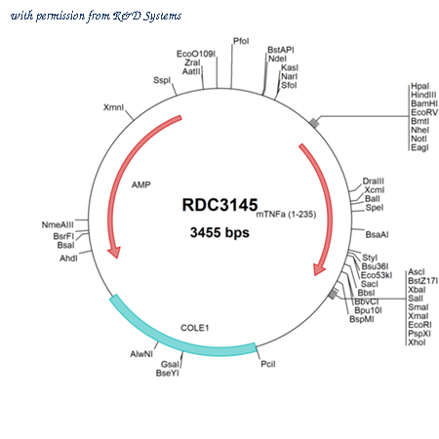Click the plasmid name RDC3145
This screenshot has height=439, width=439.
pyautogui.click(x=219, y=205)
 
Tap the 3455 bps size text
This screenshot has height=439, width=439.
pyautogui.click(x=219, y=232)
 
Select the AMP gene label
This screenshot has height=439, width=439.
pyautogui.click(x=141, y=184)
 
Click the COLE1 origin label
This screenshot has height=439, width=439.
pyautogui.click(x=194, y=328)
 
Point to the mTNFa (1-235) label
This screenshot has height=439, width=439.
pyautogui.click(x=286, y=215)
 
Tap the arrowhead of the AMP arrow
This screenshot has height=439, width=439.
pyautogui.click(x=114, y=253)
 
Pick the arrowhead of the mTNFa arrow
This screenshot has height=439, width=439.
pyautogui.click(x=319, y=269)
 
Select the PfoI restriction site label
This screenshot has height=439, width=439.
pyautogui.click(x=241, y=41)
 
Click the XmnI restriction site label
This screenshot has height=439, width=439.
pyautogui.click(x=113, y=107)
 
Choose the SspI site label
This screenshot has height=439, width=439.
pyautogui.click(x=162, y=80)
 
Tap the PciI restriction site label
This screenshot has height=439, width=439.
pyautogui.click(x=268, y=364)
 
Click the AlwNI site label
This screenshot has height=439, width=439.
pyautogui.click(x=141, y=354)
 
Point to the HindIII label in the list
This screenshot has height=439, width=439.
pyautogui.click(x=423, y=95)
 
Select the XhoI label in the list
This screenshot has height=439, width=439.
pyautogui.click(x=417, y=342)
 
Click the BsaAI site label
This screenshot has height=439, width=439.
pyautogui.click(x=377, y=234)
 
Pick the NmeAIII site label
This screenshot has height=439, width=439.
pyautogui.click(x=58, y=224)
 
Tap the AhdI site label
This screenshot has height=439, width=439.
pyautogui.click(x=68, y=259)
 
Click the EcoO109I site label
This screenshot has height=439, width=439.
pyautogui.click(x=196, y=54)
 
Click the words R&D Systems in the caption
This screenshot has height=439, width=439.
pyautogui.click(x=147, y=16)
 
